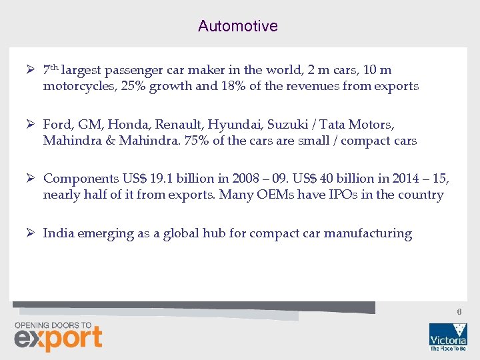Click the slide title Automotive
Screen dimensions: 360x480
click(x=237, y=26)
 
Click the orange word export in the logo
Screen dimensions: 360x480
click(x=58, y=338)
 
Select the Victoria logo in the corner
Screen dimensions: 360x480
click(x=447, y=336)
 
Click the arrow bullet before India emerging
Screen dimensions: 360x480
click(x=31, y=233)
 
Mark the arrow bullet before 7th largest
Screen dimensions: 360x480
click(x=31, y=69)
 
